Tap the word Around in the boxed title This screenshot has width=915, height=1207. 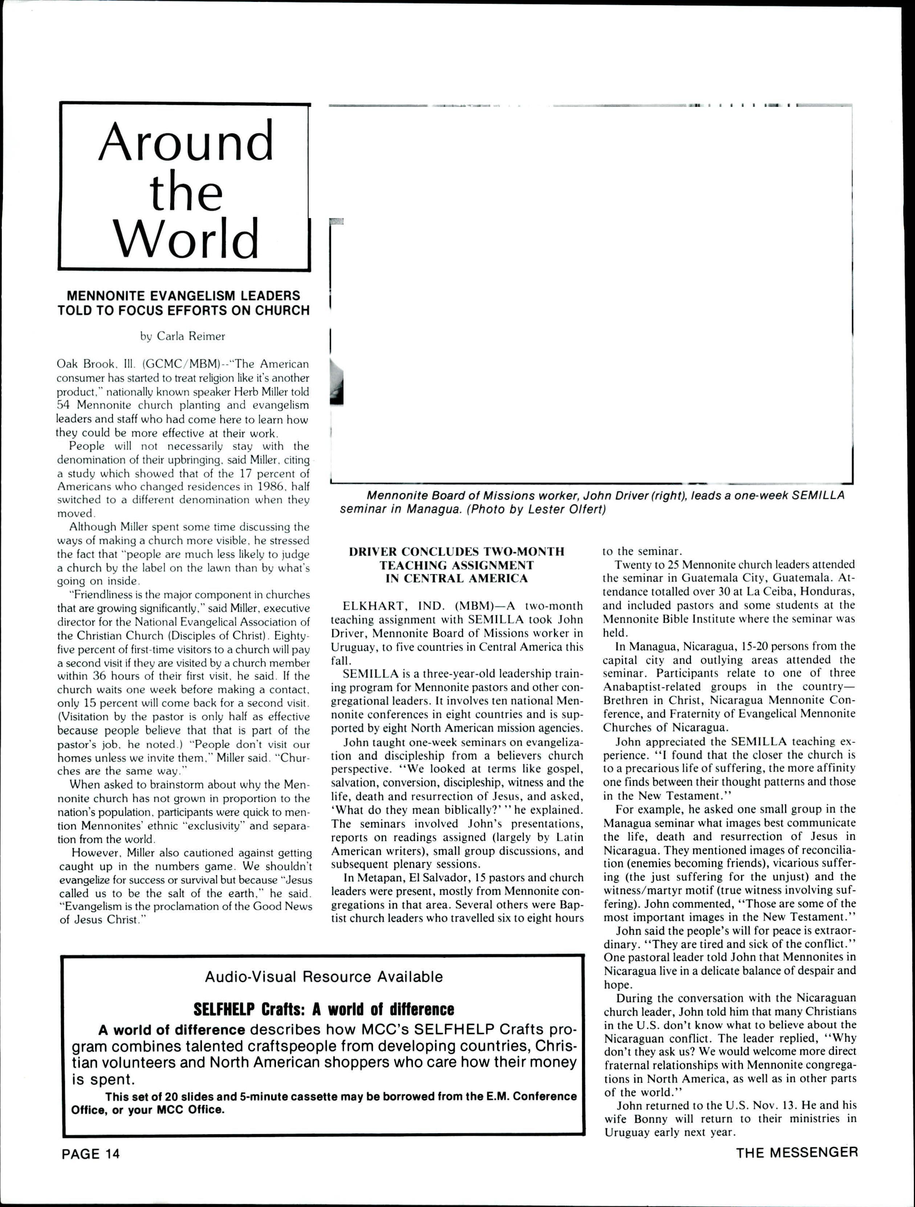pos(186,141)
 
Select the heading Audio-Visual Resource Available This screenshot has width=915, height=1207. pos(324,977)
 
